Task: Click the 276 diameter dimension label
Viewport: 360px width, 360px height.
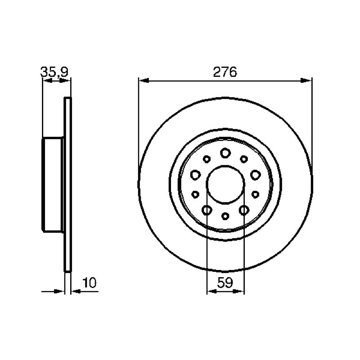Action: pyautogui.click(x=225, y=72)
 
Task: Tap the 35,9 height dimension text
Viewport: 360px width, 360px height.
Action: pyautogui.click(x=54, y=72)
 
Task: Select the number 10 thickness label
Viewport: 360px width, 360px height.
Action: pyautogui.click(x=90, y=283)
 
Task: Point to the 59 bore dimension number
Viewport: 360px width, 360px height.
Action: pyautogui.click(x=225, y=283)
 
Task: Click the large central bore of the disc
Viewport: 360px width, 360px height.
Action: pyautogui.click(x=225, y=184)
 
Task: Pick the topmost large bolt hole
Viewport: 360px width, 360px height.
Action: pyautogui.click(x=225, y=153)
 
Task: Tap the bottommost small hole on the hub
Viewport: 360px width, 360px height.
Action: pyautogui.click(x=225, y=216)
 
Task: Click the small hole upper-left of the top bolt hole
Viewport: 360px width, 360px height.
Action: pyautogui.click(x=207, y=159)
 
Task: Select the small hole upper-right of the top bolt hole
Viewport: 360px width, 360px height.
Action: pyautogui.click(x=244, y=159)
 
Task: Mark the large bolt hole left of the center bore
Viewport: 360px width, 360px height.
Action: pyautogui.click(x=195, y=175)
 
